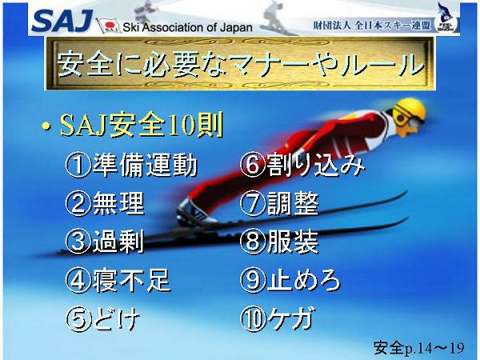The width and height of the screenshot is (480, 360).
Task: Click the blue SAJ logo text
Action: [x=62, y=21]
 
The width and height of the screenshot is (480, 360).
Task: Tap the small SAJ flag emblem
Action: [x=108, y=25]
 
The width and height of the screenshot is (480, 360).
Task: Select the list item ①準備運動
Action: [x=131, y=166]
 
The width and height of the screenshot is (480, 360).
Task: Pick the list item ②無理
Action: [x=105, y=203]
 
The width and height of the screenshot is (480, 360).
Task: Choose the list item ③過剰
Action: [x=105, y=242]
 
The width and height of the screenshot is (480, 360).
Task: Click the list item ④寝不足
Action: [x=118, y=280]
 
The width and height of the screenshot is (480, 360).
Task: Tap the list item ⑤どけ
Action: [x=103, y=318]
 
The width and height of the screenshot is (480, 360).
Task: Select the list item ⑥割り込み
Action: [x=302, y=166]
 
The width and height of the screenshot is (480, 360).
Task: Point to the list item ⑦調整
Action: [x=279, y=203]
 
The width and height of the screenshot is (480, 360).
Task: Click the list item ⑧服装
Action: [x=279, y=242]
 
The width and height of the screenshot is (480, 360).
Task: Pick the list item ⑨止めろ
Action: [x=290, y=280]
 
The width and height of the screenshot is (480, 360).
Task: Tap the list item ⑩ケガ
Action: [x=278, y=318]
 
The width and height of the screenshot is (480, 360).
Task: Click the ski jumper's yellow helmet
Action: [x=410, y=111]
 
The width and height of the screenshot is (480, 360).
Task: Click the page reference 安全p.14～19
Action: [x=418, y=348]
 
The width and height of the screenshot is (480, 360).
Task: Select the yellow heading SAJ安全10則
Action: [x=141, y=126]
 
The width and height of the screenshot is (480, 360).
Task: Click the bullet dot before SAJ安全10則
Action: [x=46, y=126]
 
